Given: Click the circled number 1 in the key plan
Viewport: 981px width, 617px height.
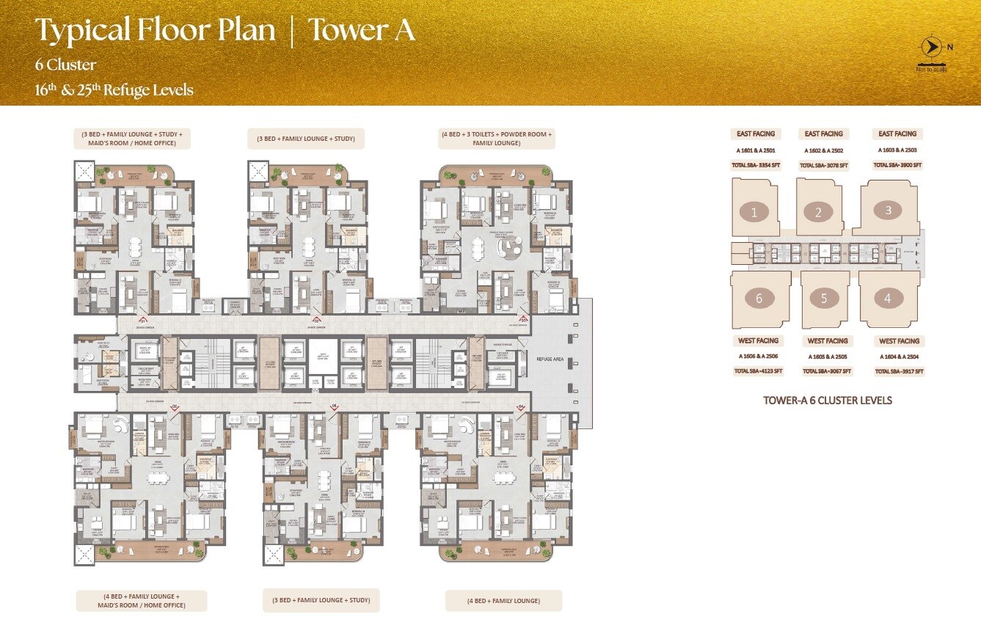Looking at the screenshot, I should [x=754, y=213].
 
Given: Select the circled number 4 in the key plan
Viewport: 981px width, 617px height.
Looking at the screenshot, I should [x=888, y=298].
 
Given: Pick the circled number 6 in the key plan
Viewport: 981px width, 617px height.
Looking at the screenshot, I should [x=759, y=298].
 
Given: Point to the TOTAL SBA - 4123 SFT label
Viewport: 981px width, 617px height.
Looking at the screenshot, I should [x=758, y=371].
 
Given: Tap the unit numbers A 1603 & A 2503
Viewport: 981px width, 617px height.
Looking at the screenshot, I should [x=897, y=150].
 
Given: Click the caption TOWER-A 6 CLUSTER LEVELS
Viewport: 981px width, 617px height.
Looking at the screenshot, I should [x=827, y=401].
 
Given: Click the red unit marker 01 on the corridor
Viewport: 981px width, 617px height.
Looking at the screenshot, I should [x=144, y=320].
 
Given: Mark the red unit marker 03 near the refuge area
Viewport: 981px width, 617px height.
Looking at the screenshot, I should [x=524, y=320].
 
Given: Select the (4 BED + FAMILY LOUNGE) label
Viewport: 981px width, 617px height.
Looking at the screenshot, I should [x=503, y=601].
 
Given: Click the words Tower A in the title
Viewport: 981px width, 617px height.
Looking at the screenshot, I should [x=361, y=31].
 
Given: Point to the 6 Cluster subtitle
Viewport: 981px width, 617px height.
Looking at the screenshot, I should [x=65, y=65].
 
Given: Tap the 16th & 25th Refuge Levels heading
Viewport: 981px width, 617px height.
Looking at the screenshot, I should [x=114, y=90].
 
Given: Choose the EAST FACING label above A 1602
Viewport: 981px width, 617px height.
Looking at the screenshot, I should [x=823, y=134].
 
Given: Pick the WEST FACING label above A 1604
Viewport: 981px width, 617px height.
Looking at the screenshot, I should [x=899, y=341].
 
